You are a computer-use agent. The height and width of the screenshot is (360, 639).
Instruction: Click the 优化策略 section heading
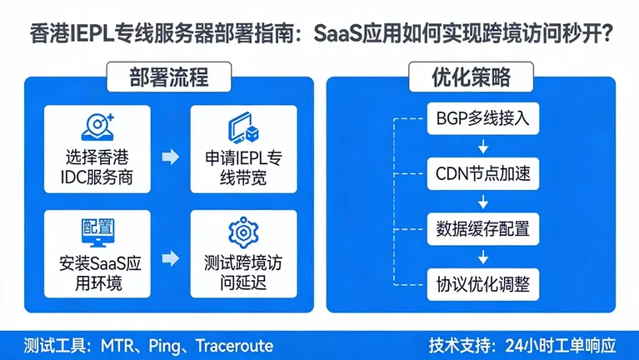(471, 78)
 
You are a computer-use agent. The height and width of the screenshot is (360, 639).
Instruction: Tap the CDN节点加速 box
(482, 174)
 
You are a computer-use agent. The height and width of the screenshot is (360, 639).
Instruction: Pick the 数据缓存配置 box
(482, 228)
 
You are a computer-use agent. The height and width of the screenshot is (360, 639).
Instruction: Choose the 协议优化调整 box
(482, 283)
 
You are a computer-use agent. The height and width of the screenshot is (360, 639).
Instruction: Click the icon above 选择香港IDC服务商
(97, 126)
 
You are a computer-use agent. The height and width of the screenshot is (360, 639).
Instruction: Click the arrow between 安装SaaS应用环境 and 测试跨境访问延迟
(170, 258)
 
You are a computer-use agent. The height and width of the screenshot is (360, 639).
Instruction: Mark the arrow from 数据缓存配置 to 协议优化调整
(482, 256)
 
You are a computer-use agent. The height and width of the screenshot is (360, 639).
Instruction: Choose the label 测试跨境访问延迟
(242, 272)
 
